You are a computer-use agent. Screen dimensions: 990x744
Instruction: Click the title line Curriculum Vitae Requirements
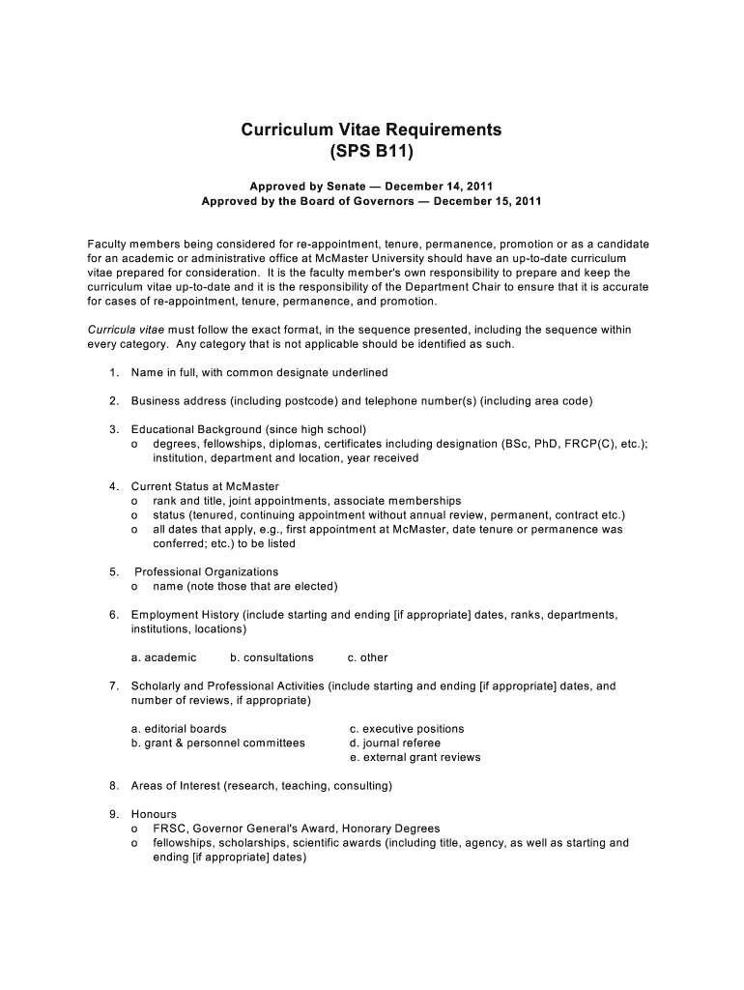pos(371,130)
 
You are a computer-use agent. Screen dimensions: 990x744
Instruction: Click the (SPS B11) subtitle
pos(371,152)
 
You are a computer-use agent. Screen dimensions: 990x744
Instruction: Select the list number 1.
pos(113,372)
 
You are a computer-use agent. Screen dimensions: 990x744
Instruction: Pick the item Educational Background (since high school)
pos(248,429)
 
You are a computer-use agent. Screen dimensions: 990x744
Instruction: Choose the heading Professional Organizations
pos(206,572)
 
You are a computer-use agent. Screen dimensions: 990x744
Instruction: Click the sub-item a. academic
pos(163,657)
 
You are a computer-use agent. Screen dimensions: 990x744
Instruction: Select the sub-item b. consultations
pos(272,657)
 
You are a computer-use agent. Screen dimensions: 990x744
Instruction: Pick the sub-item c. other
pos(367,657)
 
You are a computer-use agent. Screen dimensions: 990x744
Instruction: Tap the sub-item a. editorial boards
pos(179,729)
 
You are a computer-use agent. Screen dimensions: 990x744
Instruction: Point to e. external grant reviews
pos(415,758)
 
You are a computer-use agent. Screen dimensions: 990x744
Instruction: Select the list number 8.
pos(113,786)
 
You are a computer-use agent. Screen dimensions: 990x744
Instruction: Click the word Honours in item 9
pos(154,815)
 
